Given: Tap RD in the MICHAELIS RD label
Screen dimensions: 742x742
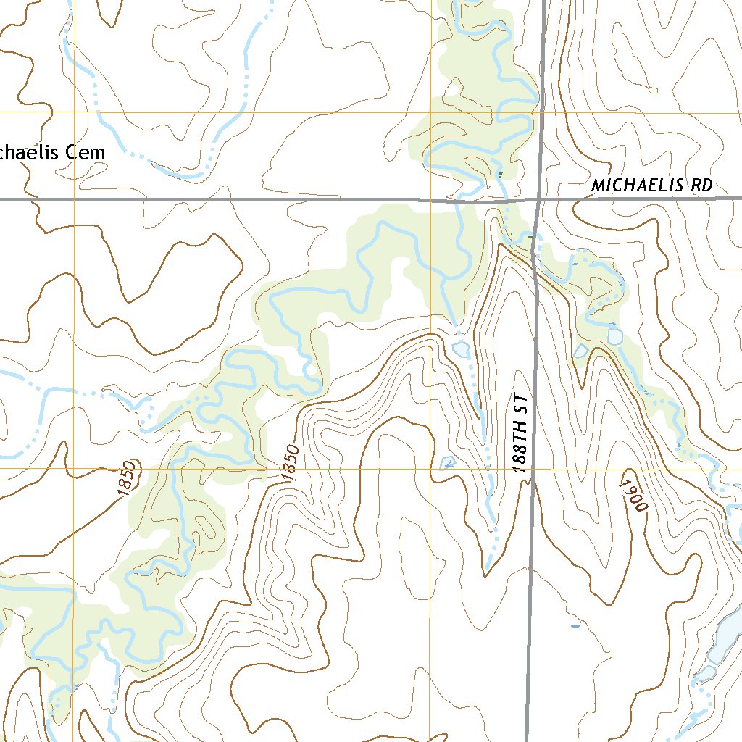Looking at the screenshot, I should (701, 185).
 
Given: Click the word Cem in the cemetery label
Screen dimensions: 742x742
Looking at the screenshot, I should (85, 153).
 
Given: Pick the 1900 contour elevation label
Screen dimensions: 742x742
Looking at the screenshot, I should (633, 496).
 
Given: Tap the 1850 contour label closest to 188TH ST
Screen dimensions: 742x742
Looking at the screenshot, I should (290, 462).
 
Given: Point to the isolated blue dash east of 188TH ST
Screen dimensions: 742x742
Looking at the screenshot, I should (575, 625).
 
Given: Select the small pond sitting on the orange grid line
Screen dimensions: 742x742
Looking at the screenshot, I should (447, 463).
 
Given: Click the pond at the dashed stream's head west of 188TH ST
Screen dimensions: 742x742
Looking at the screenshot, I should (461, 349).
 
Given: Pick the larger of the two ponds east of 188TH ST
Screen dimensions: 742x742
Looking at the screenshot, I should (615, 336).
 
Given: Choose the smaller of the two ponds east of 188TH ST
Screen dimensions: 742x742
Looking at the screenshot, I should (580, 351).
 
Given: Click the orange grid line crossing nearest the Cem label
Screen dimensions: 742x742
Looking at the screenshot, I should (74, 112).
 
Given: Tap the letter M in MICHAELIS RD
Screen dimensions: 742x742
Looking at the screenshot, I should (597, 185).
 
